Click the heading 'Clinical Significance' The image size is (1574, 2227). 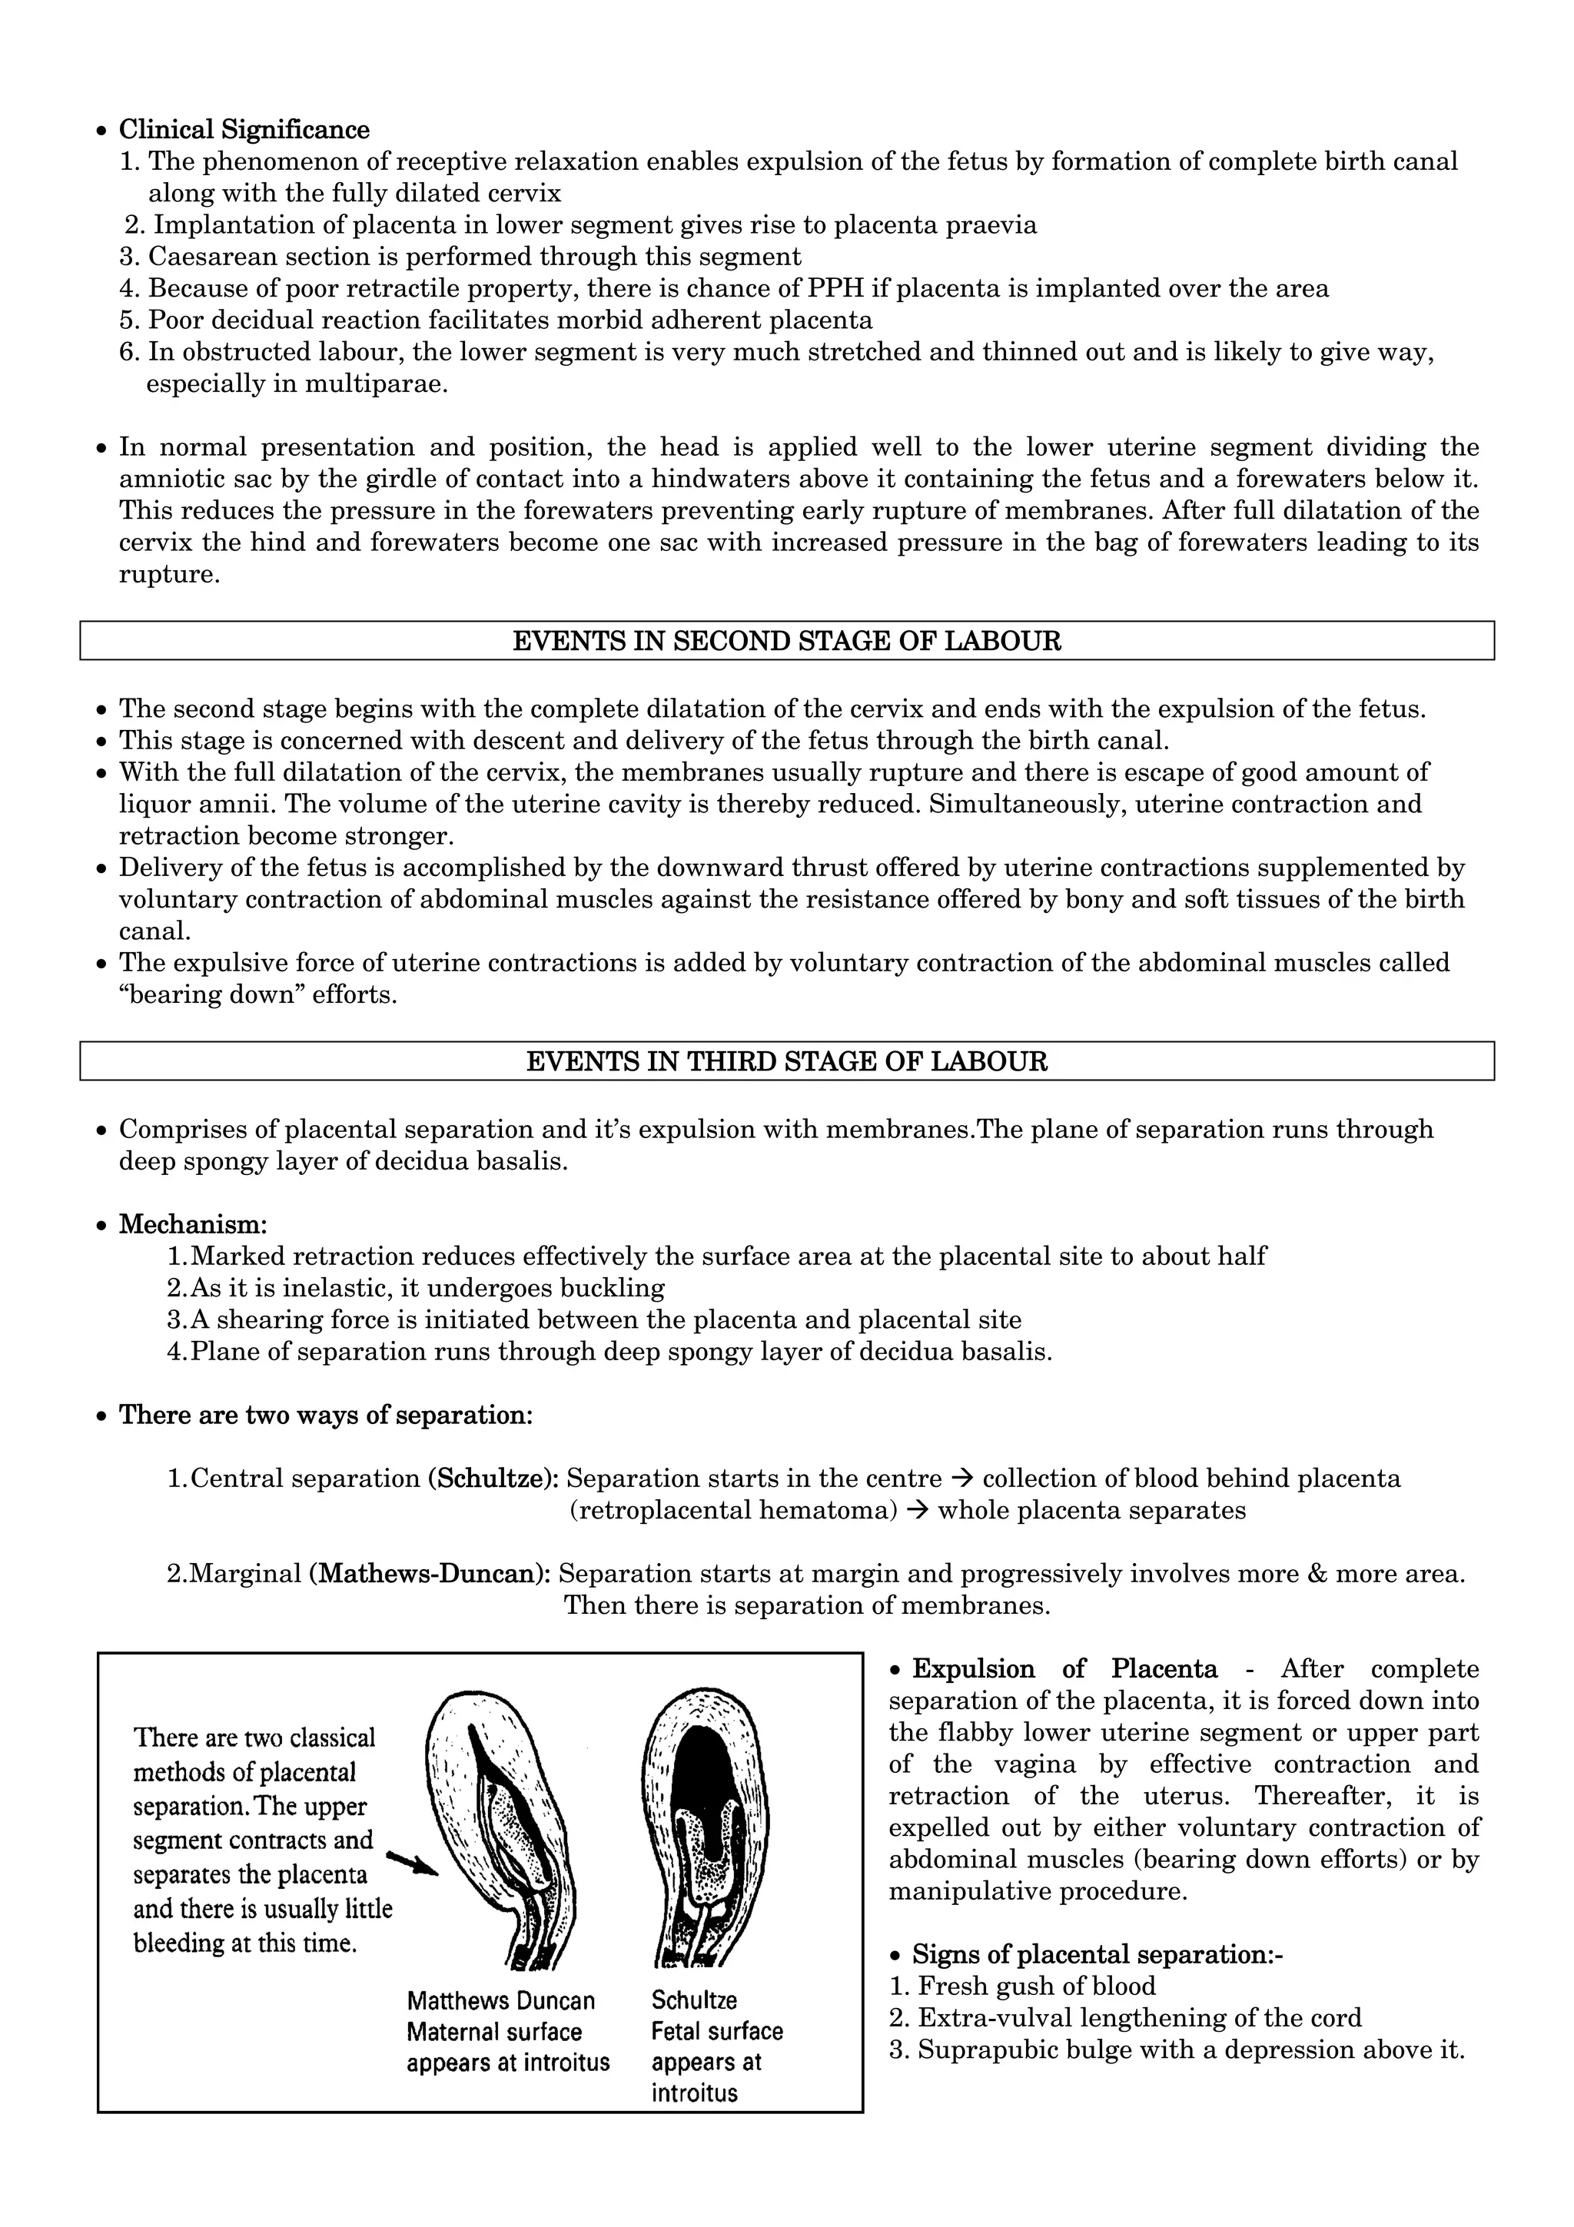pyautogui.click(x=244, y=130)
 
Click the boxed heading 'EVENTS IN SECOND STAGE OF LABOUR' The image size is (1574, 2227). pyautogui.click(x=785, y=641)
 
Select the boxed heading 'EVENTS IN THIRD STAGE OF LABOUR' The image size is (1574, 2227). pyautogui.click(x=785, y=1061)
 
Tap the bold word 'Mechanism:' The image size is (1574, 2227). pyautogui.click(x=193, y=1224)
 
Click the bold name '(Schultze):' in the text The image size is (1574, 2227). pyautogui.click(x=493, y=1479)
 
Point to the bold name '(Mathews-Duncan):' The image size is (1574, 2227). pyautogui.click(x=430, y=1573)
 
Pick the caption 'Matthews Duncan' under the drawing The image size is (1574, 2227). pyautogui.click(x=500, y=2001)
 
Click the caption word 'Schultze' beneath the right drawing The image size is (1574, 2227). pyautogui.click(x=693, y=2000)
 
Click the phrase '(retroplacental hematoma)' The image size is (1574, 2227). pyautogui.click(x=733, y=1510)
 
